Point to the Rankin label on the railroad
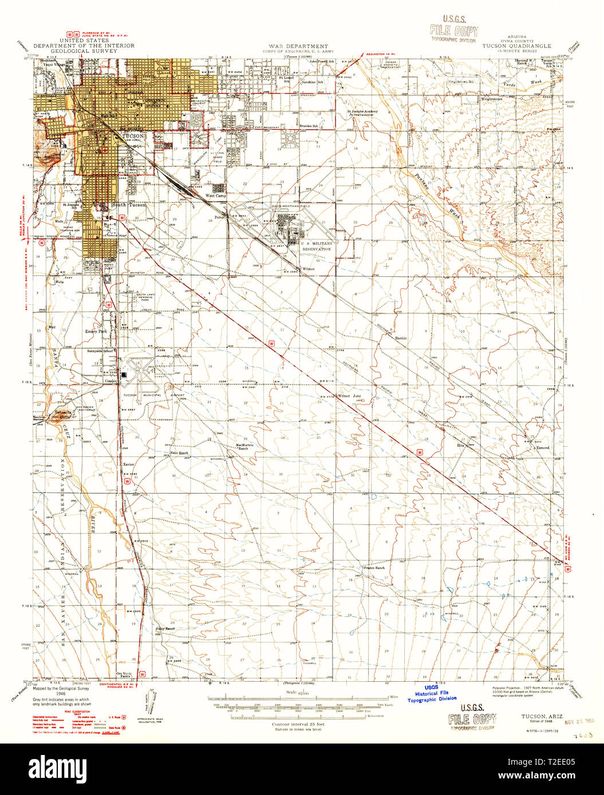401,338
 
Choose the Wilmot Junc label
350,395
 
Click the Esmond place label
542,447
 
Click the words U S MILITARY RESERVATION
316,247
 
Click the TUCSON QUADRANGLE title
516,46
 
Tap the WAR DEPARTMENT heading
299,46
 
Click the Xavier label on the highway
128,464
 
